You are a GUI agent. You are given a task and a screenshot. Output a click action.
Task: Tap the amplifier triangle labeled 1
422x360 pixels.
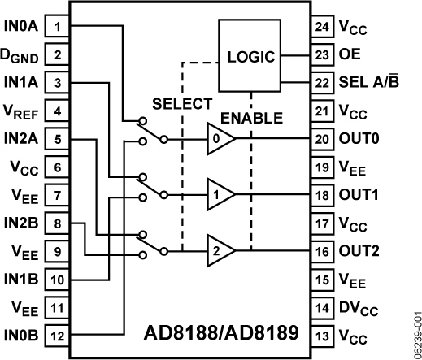[x=220, y=195]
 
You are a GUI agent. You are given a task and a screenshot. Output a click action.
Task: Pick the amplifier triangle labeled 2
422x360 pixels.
[x=220, y=249]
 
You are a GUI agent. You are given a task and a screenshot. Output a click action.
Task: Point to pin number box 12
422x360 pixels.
[x=57, y=333]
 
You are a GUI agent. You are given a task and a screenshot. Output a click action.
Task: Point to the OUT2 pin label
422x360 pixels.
[x=362, y=250]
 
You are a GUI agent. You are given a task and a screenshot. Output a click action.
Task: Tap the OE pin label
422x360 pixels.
[x=350, y=57]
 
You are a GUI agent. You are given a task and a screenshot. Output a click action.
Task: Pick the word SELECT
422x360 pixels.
[x=182, y=104]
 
